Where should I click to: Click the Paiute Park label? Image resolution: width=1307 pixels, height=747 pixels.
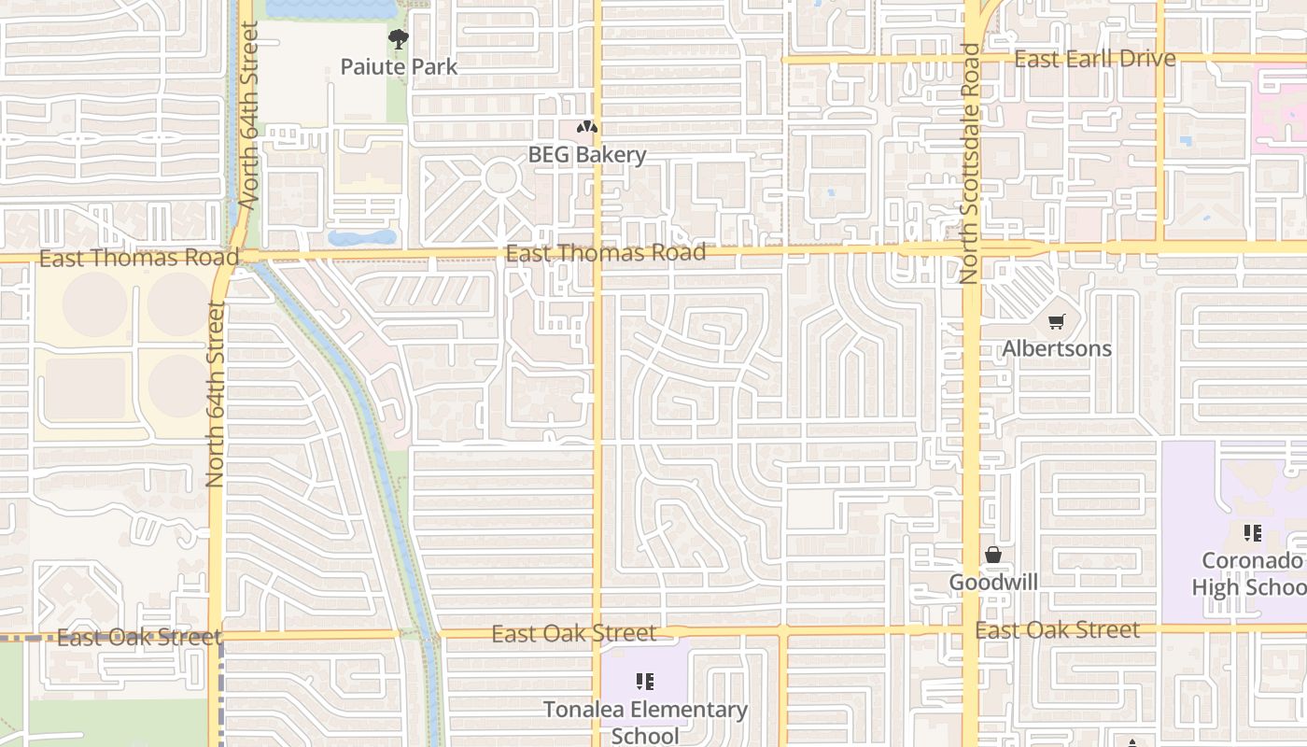point(399,66)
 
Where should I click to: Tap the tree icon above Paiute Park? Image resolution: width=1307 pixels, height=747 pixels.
point(399,39)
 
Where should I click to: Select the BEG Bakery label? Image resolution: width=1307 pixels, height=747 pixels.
point(587,155)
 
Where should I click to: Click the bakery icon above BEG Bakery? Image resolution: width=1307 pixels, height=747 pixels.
point(587,127)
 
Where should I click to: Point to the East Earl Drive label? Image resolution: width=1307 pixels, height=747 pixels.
point(1094,59)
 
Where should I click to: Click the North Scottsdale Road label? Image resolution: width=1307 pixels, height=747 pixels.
point(970,163)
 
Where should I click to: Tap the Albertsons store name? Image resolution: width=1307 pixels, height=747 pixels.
point(1057,348)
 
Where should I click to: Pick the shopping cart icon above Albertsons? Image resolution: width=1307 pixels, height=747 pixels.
point(1056,322)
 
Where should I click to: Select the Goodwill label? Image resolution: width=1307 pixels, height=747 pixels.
point(993,583)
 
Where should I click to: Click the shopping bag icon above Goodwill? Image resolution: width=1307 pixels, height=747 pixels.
point(993,556)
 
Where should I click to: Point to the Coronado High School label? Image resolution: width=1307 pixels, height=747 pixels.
point(1251,573)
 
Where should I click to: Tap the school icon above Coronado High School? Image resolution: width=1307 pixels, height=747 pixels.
point(1252,533)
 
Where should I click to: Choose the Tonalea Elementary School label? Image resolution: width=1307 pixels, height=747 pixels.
point(645,722)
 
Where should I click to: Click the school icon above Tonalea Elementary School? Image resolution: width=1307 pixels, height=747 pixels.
point(645,682)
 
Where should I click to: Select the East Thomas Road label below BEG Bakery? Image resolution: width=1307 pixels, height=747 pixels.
point(605,253)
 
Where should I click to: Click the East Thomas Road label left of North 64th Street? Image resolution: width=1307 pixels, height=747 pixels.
point(139,258)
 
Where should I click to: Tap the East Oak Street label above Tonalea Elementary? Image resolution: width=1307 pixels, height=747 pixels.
point(573,634)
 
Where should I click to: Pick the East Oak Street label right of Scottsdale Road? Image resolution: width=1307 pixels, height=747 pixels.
point(1057,630)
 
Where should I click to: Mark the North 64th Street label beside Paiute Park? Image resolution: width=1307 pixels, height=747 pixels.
point(248,115)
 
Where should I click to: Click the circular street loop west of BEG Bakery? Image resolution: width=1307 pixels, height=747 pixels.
point(501,176)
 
